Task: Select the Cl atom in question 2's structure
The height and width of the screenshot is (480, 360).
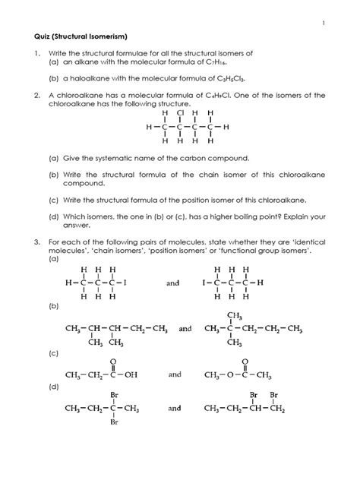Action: coord(181,112)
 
